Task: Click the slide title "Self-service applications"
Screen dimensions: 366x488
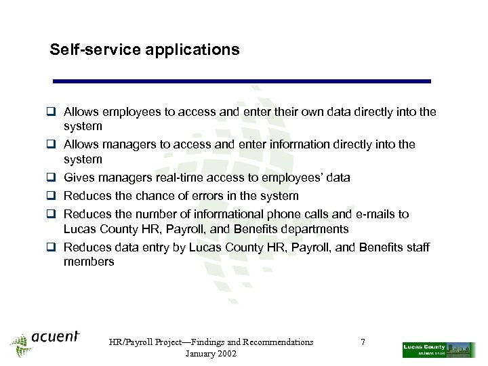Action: pos(144,49)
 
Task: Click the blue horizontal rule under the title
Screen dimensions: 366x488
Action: pos(242,81)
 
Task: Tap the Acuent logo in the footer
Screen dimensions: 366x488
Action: pos(46,341)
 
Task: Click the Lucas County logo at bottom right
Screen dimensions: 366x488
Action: pos(439,350)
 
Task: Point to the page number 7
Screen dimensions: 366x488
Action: pos(363,342)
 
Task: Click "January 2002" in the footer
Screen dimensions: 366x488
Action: pos(211,354)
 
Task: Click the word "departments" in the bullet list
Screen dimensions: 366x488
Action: pos(316,229)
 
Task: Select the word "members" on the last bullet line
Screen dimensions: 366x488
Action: pos(89,262)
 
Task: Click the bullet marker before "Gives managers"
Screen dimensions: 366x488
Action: pos(51,178)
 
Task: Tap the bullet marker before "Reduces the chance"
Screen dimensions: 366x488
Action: pos(51,196)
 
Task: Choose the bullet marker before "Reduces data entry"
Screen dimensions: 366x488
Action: pos(51,247)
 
